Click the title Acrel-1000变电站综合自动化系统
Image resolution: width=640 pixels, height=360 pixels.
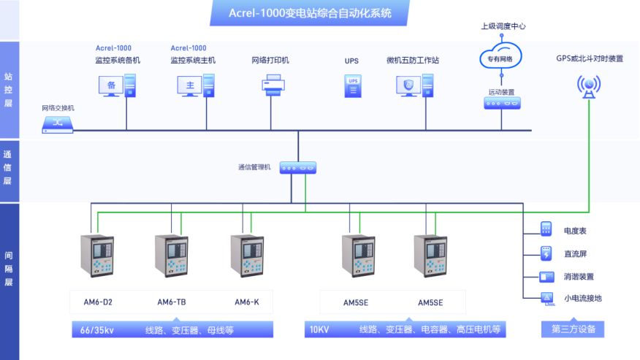click(310, 12)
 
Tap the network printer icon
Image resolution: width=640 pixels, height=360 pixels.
click(271, 88)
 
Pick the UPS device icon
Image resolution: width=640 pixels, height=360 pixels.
click(352, 87)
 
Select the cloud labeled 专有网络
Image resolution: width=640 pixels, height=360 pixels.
click(500, 58)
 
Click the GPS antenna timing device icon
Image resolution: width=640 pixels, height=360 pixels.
click(589, 86)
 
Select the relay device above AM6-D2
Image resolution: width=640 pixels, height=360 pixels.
click(98, 256)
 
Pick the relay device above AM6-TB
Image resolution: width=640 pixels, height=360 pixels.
click(172, 256)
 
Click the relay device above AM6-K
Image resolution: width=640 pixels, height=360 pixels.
click(246, 256)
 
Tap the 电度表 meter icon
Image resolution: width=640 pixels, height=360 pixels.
click(546, 229)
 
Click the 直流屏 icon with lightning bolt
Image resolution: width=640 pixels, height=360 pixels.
click(546, 253)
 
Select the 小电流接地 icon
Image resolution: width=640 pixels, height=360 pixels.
click(546, 298)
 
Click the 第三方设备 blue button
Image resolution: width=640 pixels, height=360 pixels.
click(573, 329)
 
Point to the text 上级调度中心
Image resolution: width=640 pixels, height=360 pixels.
click(503, 26)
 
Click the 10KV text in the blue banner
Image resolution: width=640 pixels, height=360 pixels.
click(319, 330)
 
